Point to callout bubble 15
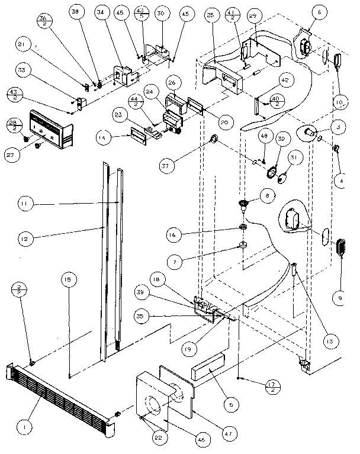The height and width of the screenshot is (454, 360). point(69,278)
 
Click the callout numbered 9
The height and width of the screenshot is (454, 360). point(340,300)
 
